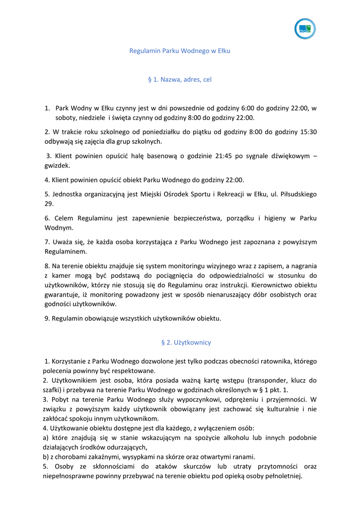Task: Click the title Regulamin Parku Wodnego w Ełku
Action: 180,51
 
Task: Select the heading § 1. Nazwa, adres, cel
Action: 180,79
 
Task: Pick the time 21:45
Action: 224,156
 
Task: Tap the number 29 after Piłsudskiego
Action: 49,204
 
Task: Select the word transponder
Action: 271,381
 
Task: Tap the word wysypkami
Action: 146,457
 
